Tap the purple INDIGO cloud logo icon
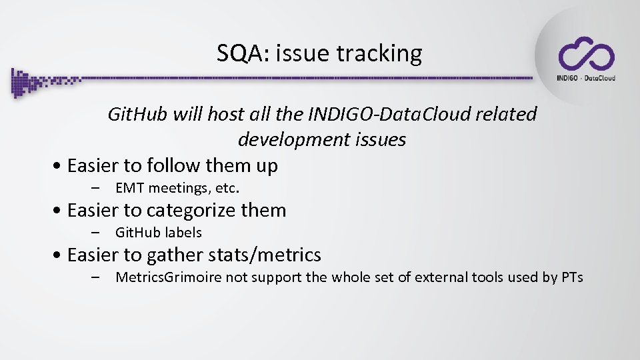coord(586,54)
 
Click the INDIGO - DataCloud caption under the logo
coord(586,77)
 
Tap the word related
coord(507,115)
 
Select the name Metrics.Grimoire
coord(167,277)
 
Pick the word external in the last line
coord(439,277)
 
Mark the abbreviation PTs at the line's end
coord(571,277)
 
